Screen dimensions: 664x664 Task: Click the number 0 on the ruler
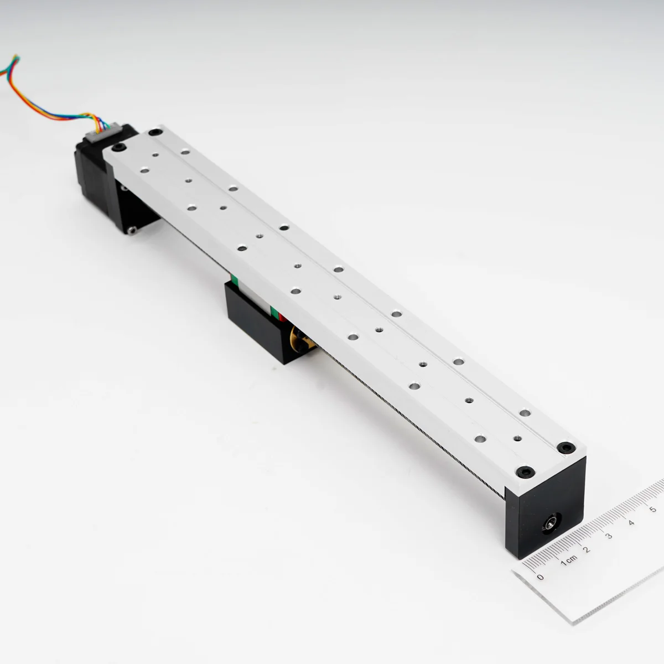(540, 577)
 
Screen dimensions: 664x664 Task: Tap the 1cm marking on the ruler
(569, 561)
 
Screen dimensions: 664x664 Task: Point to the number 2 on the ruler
(587, 549)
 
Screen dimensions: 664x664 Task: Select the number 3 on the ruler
(609, 536)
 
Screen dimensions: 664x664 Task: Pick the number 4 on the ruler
(631, 523)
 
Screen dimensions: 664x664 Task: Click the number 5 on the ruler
(653, 509)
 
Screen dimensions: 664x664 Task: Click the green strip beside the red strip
(274, 312)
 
